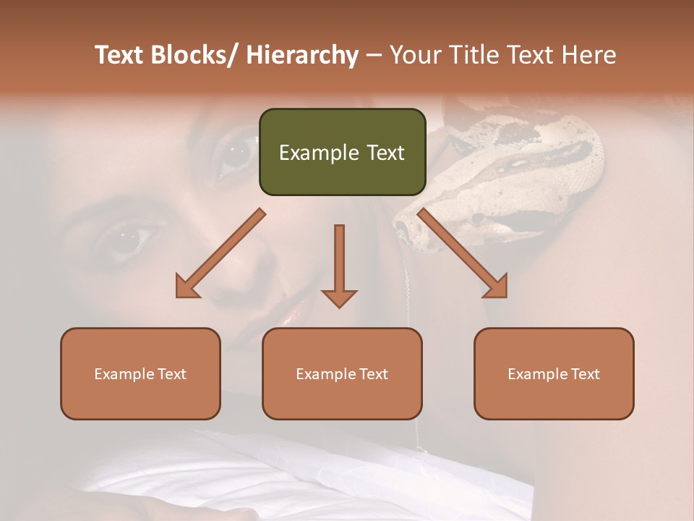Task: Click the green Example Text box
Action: [342, 152]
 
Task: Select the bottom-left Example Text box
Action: [140, 373]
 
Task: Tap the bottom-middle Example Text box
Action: [342, 373]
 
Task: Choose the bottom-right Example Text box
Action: [554, 373]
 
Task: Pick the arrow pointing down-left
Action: [220, 254]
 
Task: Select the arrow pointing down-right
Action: [463, 254]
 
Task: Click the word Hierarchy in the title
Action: [302, 55]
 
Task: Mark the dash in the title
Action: [374, 56]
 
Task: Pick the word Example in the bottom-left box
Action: [124, 373]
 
